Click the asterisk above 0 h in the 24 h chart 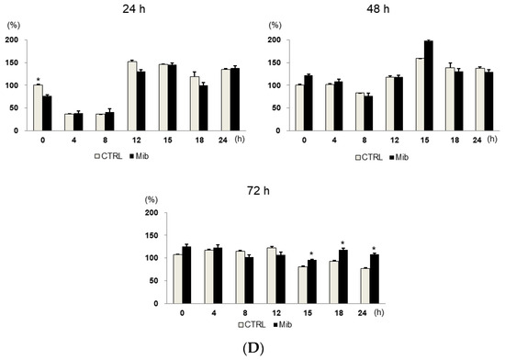click(x=37, y=79)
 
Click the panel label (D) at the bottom click(x=252, y=350)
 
